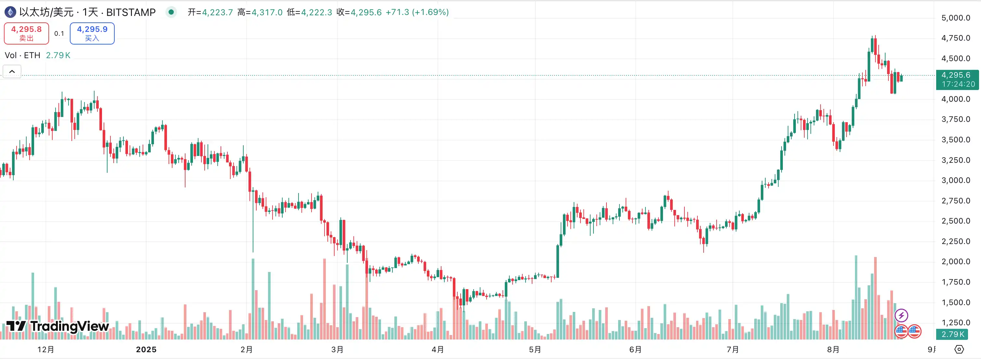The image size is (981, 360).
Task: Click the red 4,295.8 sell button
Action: pyautogui.click(x=26, y=33)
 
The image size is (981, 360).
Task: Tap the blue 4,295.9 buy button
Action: pyautogui.click(x=92, y=33)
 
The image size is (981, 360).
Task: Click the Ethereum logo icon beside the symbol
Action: pyautogui.click(x=10, y=12)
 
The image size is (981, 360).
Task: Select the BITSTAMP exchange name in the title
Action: pyautogui.click(x=131, y=12)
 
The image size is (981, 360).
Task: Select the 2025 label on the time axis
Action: pyautogui.click(x=146, y=349)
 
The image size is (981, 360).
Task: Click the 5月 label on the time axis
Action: pyautogui.click(x=535, y=349)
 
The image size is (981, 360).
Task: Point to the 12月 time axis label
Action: pyautogui.click(x=46, y=349)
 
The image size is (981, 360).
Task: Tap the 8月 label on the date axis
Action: pyautogui.click(x=833, y=349)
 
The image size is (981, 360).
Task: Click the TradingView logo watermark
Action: pyautogui.click(x=58, y=326)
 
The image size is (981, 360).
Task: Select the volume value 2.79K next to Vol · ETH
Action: pyautogui.click(x=58, y=55)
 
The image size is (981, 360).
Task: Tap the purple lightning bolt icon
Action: pyautogui.click(x=901, y=315)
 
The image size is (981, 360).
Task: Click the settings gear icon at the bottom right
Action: pyautogui.click(x=959, y=349)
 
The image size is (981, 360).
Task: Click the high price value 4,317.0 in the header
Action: pyautogui.click(x=267, y=12)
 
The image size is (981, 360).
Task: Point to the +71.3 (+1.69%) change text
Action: pyautogui.click(x=417, y=12)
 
